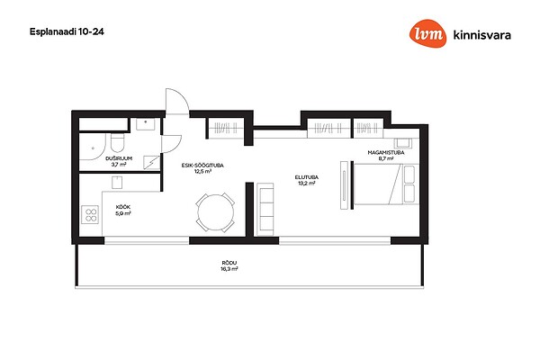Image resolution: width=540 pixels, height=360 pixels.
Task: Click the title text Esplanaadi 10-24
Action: pos(67,31)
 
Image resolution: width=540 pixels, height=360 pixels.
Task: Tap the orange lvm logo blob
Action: pos(427,33)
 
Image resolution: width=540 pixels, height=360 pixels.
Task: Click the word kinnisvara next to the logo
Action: pos(482,35)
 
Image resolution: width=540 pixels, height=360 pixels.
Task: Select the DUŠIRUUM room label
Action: pos(119,158)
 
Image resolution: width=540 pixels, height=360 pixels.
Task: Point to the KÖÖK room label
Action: pos(123,207)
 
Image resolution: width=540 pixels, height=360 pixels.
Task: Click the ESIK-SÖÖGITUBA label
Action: pos(202,166)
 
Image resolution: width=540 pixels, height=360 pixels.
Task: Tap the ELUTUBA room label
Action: pos(307,177)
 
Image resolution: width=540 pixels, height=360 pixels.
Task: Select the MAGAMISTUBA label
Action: pos(386,153)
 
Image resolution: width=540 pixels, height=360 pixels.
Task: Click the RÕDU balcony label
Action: pos(229,263)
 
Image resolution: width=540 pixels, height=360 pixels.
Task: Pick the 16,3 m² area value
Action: pos(229,269)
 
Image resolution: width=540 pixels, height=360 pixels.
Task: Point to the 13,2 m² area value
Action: pos(307,184)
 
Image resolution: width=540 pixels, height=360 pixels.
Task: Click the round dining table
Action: pos(216,212)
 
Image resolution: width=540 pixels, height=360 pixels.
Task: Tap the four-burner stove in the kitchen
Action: pos(90,214)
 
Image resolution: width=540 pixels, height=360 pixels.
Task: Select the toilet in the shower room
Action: pos(117,143)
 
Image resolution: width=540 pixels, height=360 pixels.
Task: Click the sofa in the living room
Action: pos(265,210)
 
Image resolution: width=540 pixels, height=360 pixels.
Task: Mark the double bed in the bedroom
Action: pos(386,184)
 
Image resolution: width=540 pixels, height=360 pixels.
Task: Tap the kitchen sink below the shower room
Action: pos(117,182)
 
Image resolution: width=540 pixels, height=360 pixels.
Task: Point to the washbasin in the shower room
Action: pos(145,124)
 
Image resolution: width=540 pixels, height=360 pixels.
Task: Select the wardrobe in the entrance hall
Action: pos(226,128)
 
